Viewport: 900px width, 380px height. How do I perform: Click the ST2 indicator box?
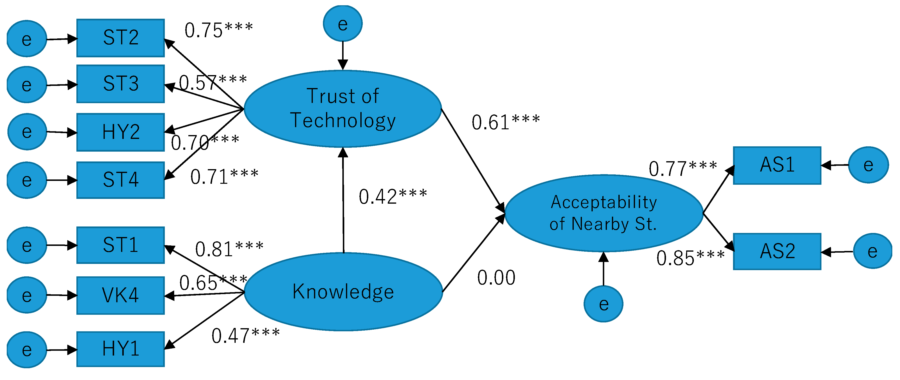point(121,38)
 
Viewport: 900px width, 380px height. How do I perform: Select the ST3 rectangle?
point(121,84)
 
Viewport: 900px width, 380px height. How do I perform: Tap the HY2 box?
point(121,132)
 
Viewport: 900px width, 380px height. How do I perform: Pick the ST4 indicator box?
point(121,180)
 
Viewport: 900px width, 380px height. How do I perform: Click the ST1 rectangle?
point(121,245)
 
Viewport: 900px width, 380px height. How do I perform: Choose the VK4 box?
point(121,296)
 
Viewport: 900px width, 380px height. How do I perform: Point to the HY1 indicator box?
point(121,349)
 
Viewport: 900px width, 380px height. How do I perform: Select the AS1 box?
point(777,165)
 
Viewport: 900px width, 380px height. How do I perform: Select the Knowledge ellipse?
point(343,292)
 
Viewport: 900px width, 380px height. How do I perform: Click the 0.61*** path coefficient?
point(505,123)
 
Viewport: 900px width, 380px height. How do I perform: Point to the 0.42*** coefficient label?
point(393,196)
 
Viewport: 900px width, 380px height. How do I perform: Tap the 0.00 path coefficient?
point(496,278)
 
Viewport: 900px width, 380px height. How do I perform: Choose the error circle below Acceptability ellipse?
point(603,303)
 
